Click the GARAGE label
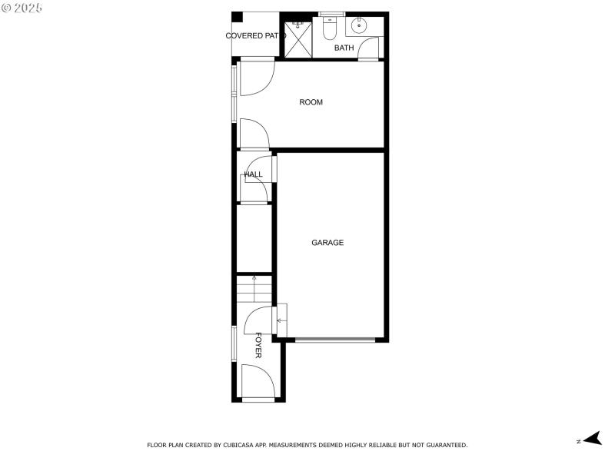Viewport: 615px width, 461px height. [327, 243]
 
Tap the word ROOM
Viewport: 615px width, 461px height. [311, 102]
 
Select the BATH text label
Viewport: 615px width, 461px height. [344, 48]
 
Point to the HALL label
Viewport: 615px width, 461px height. [253, 174]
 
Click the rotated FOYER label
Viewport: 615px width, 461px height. [258, 345]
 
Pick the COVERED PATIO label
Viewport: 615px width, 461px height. [255, 36]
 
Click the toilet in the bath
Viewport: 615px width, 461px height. [330, 30]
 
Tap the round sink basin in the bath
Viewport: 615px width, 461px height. [359, 25]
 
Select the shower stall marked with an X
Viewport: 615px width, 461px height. [299, 38]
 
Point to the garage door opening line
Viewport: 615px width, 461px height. [335, 340]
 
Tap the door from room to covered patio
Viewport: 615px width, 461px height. [256, 78]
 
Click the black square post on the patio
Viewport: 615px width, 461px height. [238, 17]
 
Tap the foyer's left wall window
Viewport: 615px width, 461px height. [234, 343]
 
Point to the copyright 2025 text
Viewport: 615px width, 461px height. [22, 8]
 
